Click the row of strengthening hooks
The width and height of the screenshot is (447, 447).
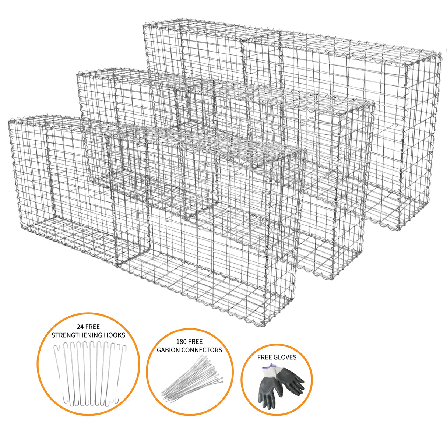88,372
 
